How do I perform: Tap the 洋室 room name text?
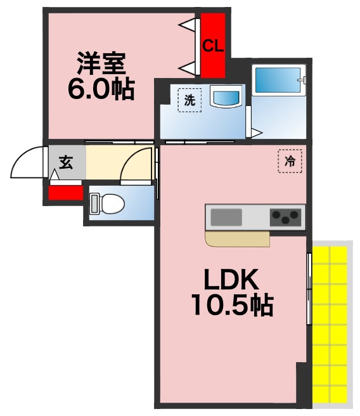coord(101,63)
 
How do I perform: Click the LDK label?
coord(231,279)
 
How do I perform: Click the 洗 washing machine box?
coord(189,100)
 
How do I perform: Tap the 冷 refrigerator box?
coord(290,161)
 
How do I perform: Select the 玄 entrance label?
coord(66,162)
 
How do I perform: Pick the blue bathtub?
coord(276,81)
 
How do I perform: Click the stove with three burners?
coord(285,218)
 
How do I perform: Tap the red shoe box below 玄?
coord(66,192)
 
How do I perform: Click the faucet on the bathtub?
coord(304,81)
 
